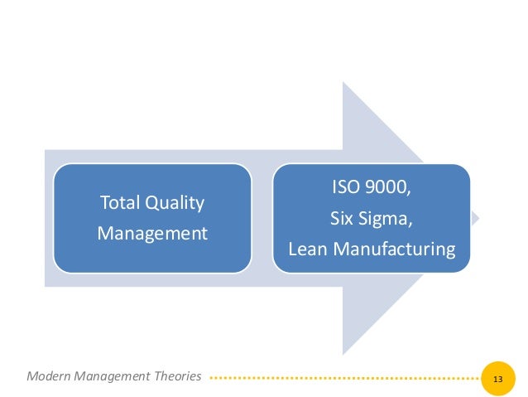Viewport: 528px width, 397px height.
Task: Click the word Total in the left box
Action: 119,202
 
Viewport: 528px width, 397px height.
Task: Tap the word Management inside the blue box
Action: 152,234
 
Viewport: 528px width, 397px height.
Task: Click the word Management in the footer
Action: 116,376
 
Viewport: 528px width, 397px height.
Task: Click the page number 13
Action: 497,378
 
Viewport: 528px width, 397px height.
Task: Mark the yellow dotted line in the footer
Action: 343,378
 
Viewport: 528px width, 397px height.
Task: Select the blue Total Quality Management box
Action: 152,217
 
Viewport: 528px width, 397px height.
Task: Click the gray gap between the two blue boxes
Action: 262,218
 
